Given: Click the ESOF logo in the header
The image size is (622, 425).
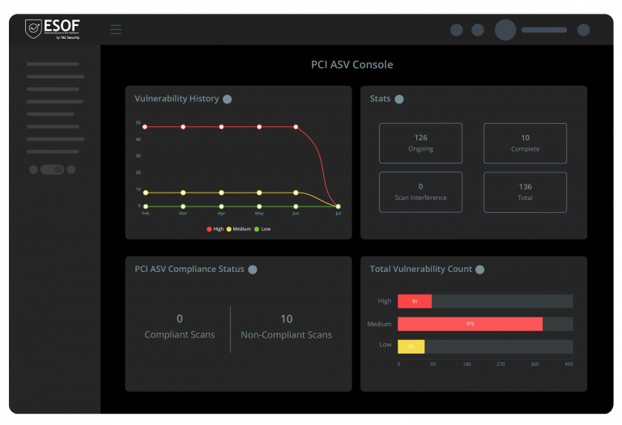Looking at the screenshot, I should click(x=53, y=29).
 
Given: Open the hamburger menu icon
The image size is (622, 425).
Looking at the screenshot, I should click(x=116, y=30).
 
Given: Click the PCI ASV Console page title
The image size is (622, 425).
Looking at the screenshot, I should click(x=351, y=65).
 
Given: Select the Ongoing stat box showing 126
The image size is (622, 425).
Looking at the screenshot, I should click(x=420, y=143).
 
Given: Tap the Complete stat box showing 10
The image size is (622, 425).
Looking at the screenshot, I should click(x=525, y=143).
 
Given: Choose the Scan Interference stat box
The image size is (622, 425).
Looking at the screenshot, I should click(x=420, y=192).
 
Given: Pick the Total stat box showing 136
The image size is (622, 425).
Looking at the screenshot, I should click(x=525, y=192).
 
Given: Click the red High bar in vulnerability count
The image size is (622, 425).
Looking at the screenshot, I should click(x=415, y=301).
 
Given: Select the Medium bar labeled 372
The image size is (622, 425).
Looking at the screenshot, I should click(x=470, y=324).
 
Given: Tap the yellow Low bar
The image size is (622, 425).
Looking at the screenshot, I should click(x=411, y=346).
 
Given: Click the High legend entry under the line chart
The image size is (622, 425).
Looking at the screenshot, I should click(x=215, y=229).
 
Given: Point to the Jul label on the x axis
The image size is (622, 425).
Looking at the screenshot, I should click(x=338, y=214).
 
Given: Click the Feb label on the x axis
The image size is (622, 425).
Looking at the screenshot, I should click(x=146, y=214).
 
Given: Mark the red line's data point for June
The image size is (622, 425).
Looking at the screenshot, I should click(x=296, y=127).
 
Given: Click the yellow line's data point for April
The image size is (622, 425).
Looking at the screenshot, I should click(x=221, y=193).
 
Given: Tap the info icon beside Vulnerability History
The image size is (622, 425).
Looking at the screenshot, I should click(x=228, y=99).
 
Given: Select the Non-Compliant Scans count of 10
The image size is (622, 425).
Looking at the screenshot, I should click(x=286, y=319).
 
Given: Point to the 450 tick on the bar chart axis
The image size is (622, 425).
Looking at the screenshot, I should click(x=569, y=364).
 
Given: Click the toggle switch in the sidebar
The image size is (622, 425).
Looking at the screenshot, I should click(x=52, y=170).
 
